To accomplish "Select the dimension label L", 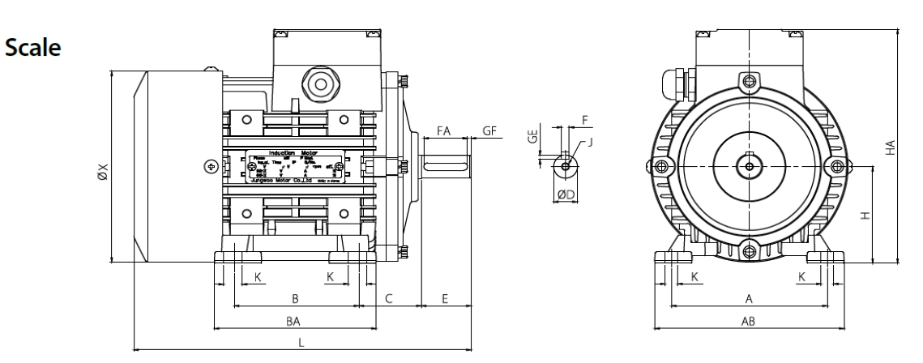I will pyautogui.click(x=301, y=344).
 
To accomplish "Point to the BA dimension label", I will pyautogui.click(x=294, y=322).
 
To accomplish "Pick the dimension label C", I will pyautogui.click(x=389, y=299).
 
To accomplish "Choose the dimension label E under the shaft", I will pyautogui.click(x=445, y=299).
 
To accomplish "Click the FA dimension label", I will pyautogui.click(x=443, y=130).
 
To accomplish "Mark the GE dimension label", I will pyautogui.click(x=532, y=137).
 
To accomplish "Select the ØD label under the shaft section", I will pyautogui.click(x=566, y=194).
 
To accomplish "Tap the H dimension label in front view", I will pyautogui.click(x=865, y=216).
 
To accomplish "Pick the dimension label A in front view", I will pyautogui.click(x=749, y=299).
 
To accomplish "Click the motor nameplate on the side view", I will pyautogui.click(x=297, y=166).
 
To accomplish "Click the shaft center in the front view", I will pyautogui.click(x=749, y=167).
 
